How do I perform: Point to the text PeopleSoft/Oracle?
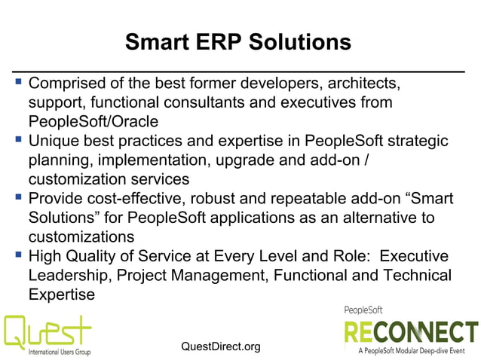[93, 121]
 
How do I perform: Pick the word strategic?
[415, 141]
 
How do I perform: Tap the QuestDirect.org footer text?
[221, 346]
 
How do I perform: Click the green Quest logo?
[48, 330]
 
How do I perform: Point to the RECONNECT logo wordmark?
[412, 332]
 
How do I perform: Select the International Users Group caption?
[60, 352]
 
